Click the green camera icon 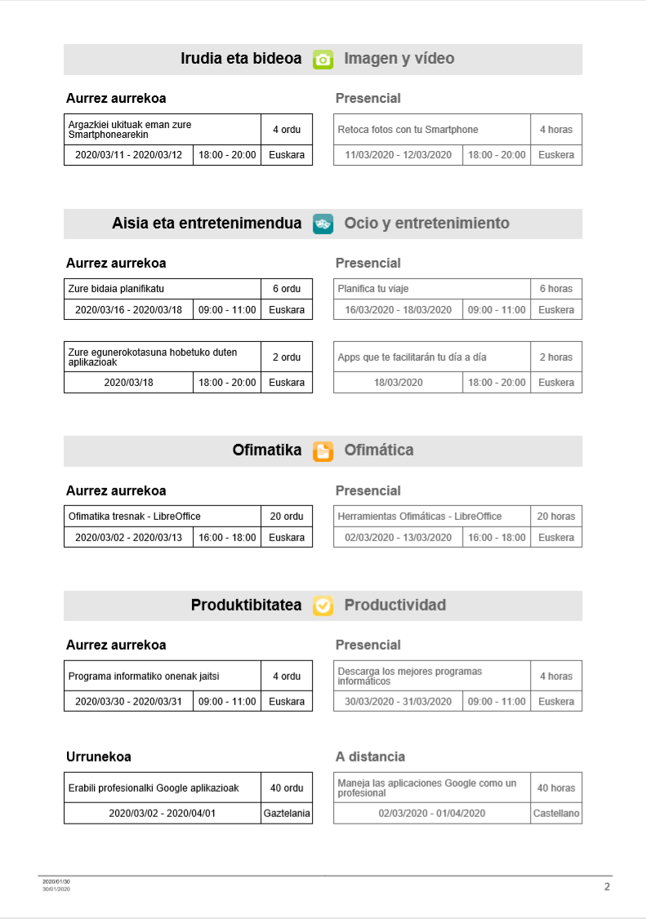tap(323, 60)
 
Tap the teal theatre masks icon tap(323, 224)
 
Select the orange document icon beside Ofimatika tap(323, 451)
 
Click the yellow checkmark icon tap(323, 606)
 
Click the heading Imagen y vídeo tap(399, 59)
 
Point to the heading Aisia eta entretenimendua tap(207, 224)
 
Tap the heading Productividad tap(395, 606)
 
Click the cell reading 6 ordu tap(287, 289)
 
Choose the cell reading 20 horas tap(556, 517)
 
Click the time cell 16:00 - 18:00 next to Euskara tap(227, 538)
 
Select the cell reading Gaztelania tap(287, 814)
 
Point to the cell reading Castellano tap(556, 814)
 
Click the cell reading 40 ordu tap(287, 788)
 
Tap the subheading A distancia tap(370, 757)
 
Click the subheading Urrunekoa tap(99, 757)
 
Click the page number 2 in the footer tap(607, 887)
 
